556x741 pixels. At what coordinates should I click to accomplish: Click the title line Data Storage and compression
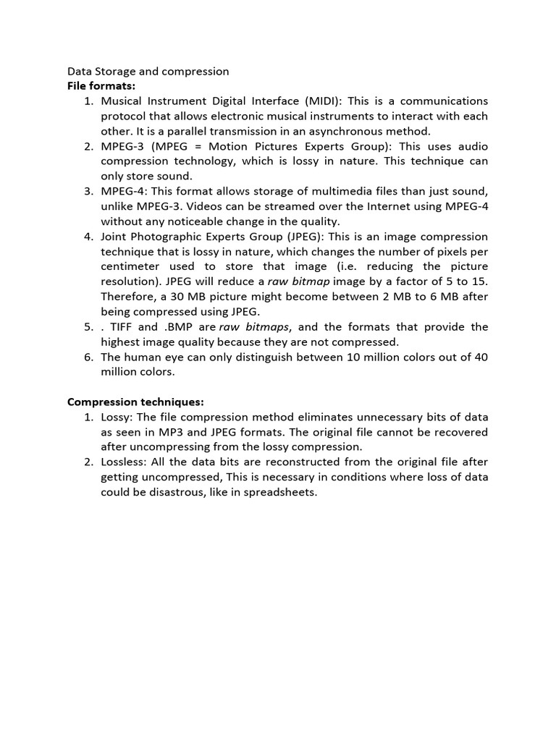click(x=148, y=71)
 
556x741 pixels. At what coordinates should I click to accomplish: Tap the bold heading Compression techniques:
click(x=135, y=402)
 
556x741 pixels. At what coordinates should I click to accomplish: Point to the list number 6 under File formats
click(x=87, y=357)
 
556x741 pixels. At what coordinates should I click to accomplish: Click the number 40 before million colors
click(x=481, y=357)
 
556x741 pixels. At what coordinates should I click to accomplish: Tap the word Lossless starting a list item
click(x=124, y=462)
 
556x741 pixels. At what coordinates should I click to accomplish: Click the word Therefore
click(x=129, y=297)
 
